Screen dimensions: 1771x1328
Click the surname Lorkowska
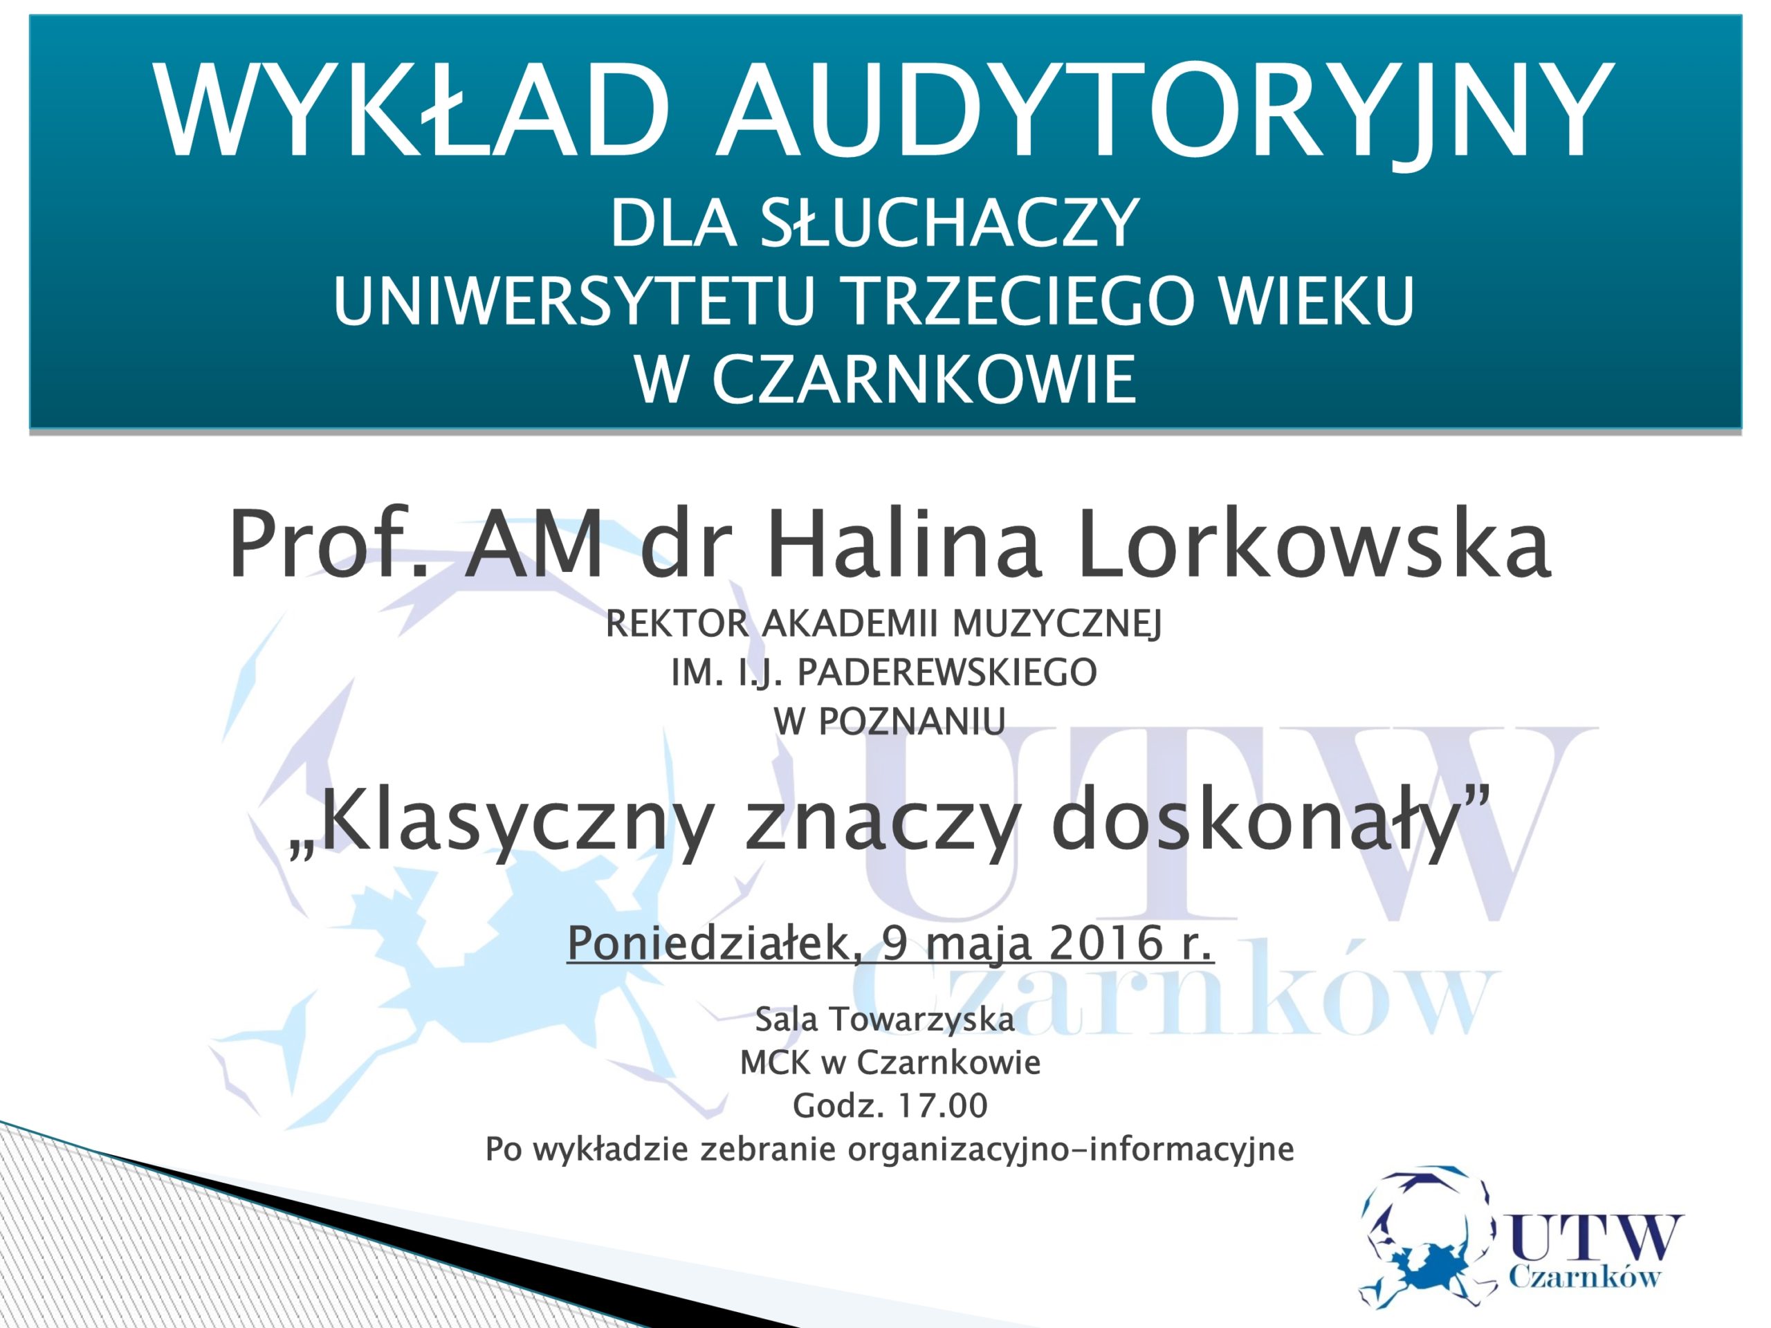click(1314, 544)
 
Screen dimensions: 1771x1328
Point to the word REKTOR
click(677, 625)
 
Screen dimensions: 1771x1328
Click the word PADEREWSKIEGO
click(947, 673)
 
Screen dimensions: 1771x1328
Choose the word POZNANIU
click(912, 723)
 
